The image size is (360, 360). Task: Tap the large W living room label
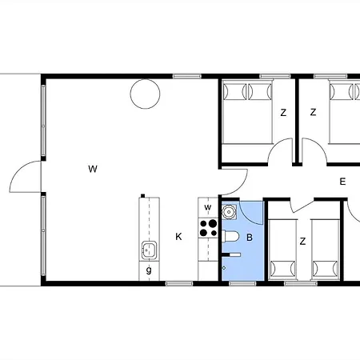93,169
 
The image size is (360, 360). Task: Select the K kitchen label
178,237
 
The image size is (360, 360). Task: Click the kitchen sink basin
149,250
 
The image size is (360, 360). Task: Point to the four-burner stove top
208,228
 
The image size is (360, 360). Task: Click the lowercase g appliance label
149,270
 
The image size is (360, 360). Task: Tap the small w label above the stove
208,207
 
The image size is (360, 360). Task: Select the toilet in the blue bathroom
230,236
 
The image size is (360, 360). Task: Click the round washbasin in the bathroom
229,212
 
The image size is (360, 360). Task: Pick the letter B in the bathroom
250,238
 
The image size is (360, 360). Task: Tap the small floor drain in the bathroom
224,268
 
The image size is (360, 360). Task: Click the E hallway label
342,182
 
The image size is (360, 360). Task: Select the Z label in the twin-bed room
302,242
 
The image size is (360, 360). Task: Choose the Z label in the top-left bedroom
283,113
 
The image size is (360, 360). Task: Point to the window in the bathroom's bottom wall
242,283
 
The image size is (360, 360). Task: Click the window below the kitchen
179,283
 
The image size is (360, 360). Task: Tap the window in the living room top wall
186,76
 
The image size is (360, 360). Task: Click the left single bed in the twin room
282,250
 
